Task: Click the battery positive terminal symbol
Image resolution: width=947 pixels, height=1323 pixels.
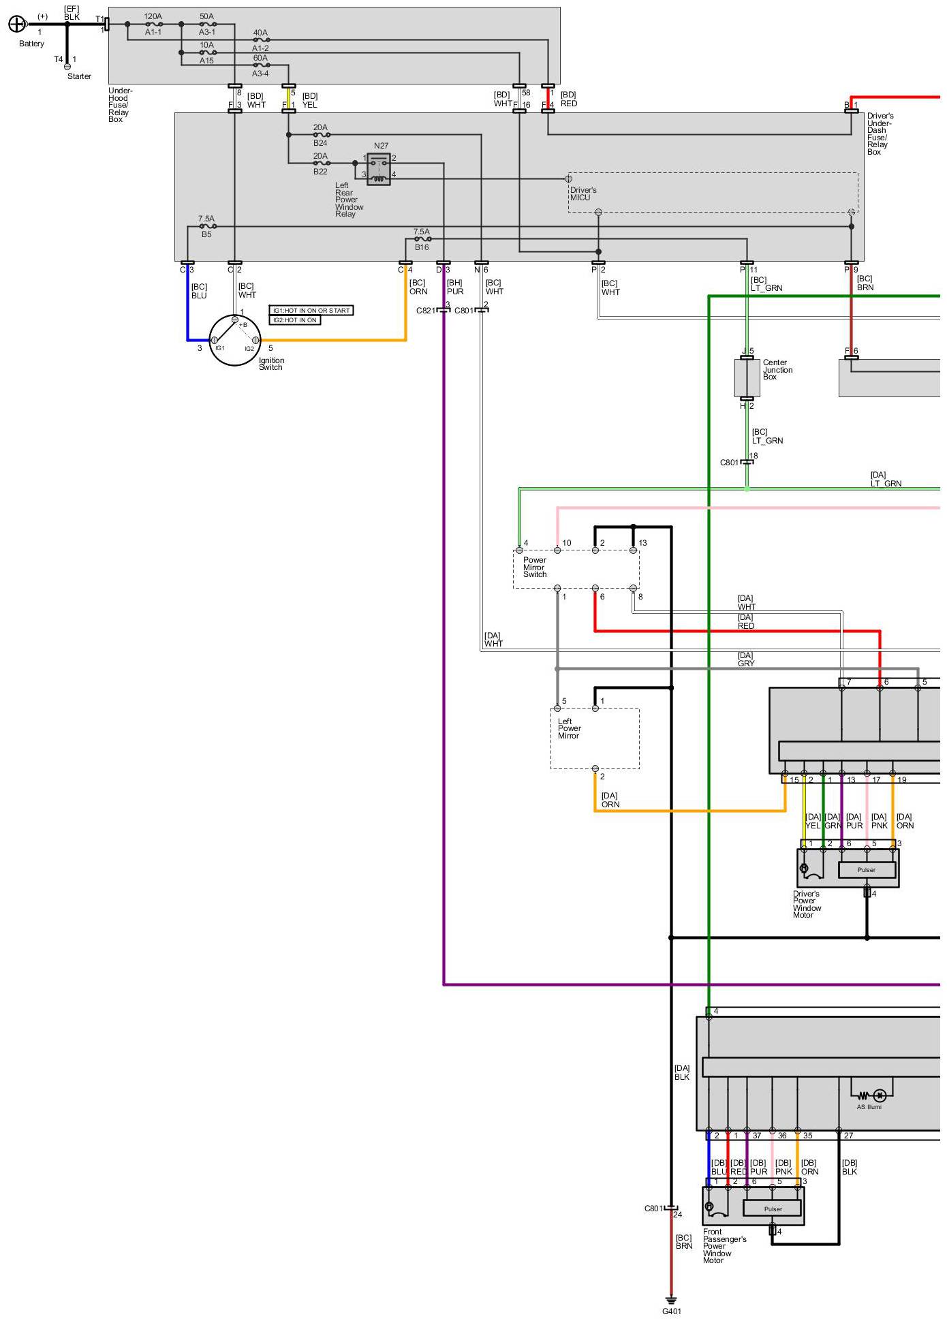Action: (16, 25)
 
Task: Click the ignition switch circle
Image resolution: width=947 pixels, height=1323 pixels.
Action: (234, 340)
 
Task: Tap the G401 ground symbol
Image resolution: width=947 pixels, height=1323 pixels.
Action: (671, 1301)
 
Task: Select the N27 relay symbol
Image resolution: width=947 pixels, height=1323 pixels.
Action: (379, 168)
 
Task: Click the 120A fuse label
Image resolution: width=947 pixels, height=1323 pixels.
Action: (153, 16)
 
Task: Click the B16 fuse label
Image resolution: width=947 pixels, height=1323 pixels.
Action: (422, 247)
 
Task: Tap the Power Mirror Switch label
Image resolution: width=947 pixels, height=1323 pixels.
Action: (535, 567)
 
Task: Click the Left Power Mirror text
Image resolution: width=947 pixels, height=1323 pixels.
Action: (569, 728)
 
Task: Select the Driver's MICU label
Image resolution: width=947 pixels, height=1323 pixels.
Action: (583, 194)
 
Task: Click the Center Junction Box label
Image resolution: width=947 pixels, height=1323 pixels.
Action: (777, 370)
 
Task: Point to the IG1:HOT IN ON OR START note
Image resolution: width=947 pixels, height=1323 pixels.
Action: (311, 311)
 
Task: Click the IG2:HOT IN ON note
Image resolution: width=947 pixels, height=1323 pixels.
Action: (295, 320)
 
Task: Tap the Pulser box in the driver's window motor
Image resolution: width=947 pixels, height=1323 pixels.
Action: (867, 870)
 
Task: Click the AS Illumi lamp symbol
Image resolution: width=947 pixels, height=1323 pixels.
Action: (880, 1095)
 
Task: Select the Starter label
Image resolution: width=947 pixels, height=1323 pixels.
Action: (79, 76)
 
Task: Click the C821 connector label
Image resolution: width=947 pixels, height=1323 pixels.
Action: (426, 311)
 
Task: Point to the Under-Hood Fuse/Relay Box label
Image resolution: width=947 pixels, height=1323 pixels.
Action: (121, 105)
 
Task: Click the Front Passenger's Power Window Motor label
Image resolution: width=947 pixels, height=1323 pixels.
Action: (724, 1246)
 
